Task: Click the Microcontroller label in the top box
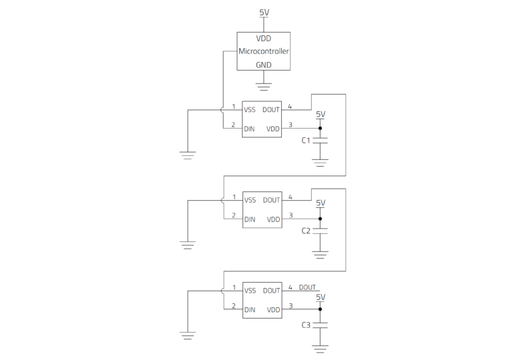pyautogui.click(x=263, y=51)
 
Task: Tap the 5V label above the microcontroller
pyautogui.click(x=264, y=13)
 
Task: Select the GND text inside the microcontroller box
pyautogui.click(x=263, y=65)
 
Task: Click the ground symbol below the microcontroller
pyautogui.click(x=263, y=87)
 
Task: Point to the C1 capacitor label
pyautogui.click(x=306, y=141)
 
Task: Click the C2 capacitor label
pyautogui.click(x=306, y=231)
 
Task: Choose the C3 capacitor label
pyautogui.click(x=306, y=325)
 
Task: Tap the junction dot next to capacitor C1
pyautogui.click(x=320, y=128)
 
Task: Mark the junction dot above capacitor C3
pyautogui.click(x=320, y=309)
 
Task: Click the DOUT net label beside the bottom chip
pyautogui.click(x=307, y=287)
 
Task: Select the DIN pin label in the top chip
pyautogui.click(x=249, y=129)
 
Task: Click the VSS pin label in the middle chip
pyautogui.click(x=250, y=200)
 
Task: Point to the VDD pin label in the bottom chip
pyautogui.click(x=274, y=310)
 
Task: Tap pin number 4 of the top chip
pyautogui.click(x=290, y=107)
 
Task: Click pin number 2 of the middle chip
pyautogui.click(x=233, y=215)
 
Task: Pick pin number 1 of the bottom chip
pyautogui.click(x=234, y=287)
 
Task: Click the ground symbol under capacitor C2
pyautogui.click(x=320, y=255)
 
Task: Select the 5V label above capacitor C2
pyautogui.click(x=320, y=203)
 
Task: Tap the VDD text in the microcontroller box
pyautogui.click(x=263, y=39)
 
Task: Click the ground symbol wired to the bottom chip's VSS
pyautogui.click(x=188, y=336)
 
